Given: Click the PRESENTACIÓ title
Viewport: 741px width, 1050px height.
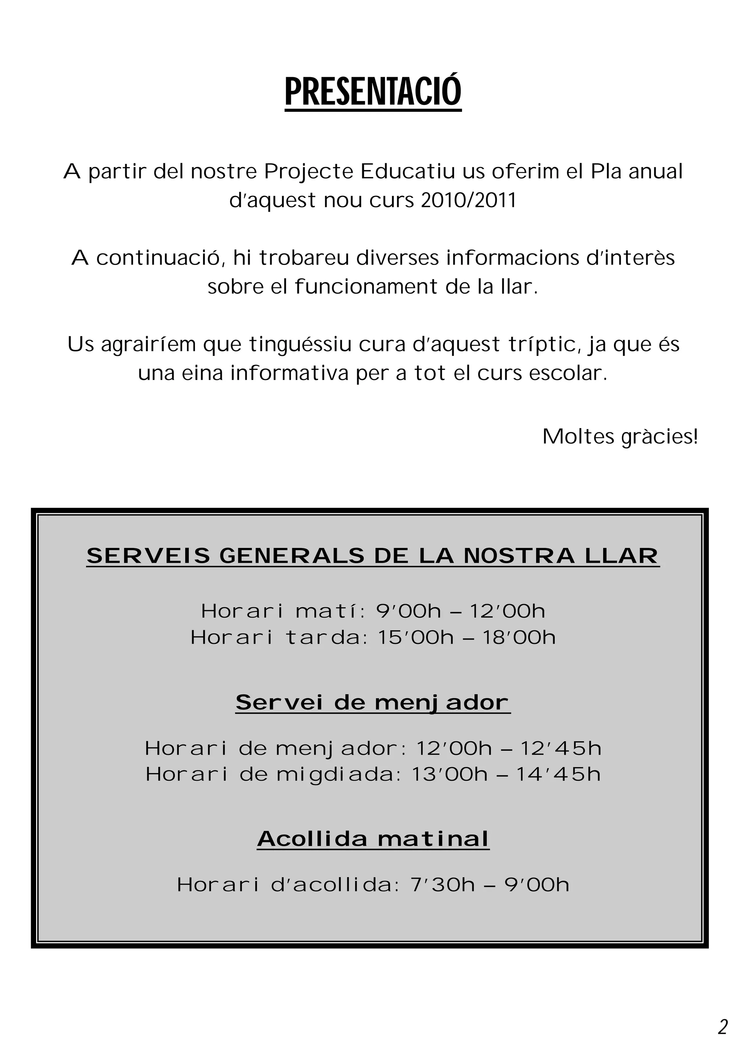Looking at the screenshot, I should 373,92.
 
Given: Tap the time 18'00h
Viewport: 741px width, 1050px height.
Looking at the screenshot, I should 519,637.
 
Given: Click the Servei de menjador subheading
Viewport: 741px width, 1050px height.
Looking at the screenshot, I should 373,703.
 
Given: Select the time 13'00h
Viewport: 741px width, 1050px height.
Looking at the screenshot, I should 450,774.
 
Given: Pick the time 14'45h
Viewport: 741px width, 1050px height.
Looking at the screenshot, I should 558,774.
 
